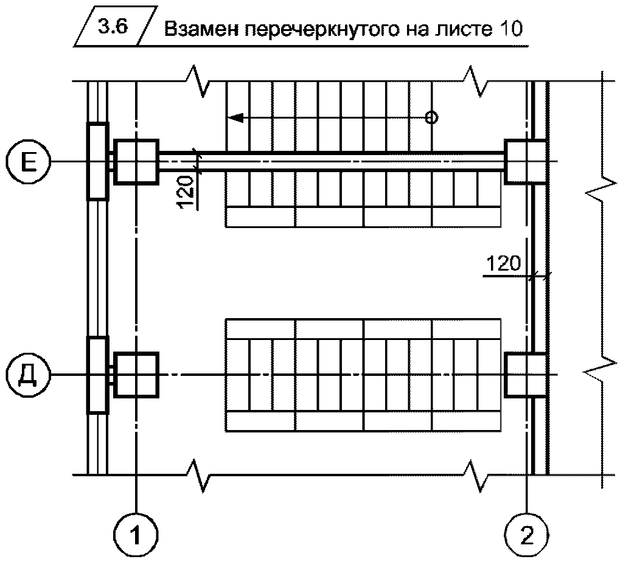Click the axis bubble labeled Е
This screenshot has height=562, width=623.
(26, 161)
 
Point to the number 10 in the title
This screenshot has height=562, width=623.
(509, 30)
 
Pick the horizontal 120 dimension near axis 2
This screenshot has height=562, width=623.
(503, 264)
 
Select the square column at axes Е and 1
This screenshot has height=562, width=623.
(136, 161)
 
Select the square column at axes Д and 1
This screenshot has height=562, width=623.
(136, 374)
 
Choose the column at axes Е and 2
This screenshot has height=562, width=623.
(524, 161)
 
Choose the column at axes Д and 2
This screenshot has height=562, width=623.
(524, 374)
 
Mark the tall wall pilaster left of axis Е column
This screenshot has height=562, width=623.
(97, 161)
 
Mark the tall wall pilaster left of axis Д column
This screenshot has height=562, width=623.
(97, 374)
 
